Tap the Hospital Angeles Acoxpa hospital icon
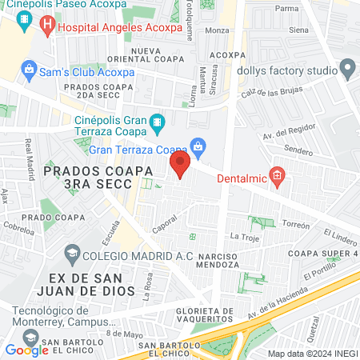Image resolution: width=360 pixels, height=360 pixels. [x=46, y=26]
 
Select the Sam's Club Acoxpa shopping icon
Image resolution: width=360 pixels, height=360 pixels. [x=29, y=70]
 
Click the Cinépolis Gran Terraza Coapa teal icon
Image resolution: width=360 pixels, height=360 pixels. [x=158, y=126]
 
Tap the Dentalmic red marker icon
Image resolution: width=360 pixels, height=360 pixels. [x=278, y=176]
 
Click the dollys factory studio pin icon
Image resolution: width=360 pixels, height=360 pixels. [x=347, y=70]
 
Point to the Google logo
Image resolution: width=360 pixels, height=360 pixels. [x=26, y=350]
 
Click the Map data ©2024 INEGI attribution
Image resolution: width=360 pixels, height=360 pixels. [x=313, y=354]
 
